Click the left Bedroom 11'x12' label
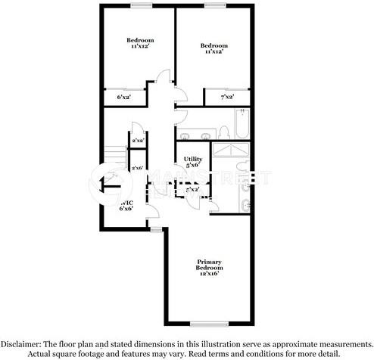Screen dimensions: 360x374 tap(140, 43)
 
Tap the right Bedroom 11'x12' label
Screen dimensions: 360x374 tap(215, 49)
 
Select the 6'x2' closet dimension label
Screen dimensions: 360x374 tap(123, 98)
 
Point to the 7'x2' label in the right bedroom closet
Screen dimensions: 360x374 tap(226, 98)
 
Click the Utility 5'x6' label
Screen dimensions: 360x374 tap(192, 161)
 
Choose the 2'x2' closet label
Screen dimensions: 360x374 tap(138, 141)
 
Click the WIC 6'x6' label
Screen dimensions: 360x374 tap(126, 205)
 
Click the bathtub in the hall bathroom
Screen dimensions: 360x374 tap(242, 125)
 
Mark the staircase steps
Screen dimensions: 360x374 tap(114, 154)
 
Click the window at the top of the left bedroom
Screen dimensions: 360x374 tap(140, 6)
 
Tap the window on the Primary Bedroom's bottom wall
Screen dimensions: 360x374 tap(204, 324)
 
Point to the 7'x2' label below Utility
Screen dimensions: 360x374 tap(192, 189)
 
